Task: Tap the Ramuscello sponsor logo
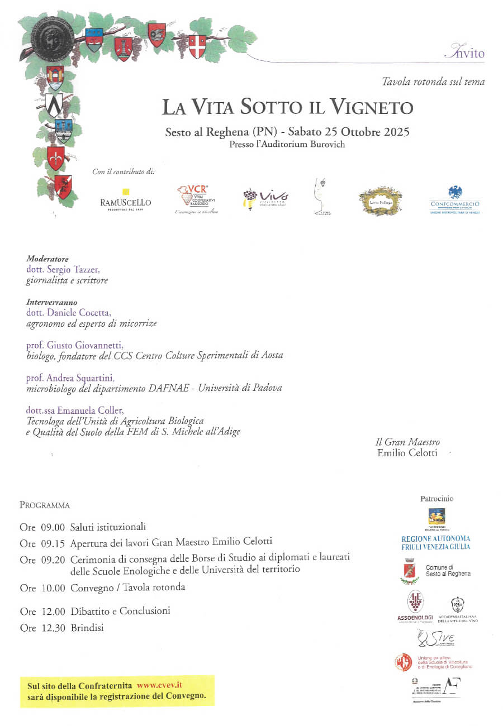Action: [x=126, y=200]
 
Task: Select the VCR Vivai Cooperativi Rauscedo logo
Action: [x=195, y=199]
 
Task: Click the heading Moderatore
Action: [x=48, y=259]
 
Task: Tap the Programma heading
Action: [x=45, y=505]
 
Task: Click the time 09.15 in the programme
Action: [x=53, y=542]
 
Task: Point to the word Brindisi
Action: [x=87, y=628]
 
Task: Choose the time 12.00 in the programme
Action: [x=53, y=612]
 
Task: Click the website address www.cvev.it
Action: [x=160, y=685]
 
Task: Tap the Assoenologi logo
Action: [x=415, y=606]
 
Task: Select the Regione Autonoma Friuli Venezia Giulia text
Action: [x=436, y=543]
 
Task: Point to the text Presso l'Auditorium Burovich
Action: [x=287, y=144]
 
